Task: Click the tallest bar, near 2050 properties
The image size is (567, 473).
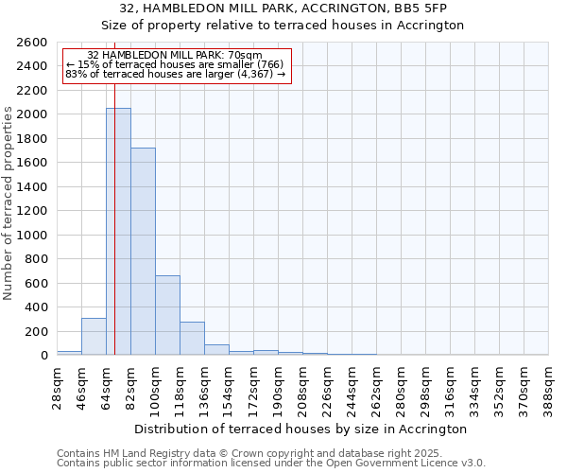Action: tap(118, 232)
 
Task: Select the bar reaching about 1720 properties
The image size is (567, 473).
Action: tap(143, 252)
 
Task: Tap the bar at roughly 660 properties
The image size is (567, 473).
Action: tap(167, 315)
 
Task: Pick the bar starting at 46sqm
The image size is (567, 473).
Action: tap(94, 337)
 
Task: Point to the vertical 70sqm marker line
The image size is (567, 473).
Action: tap(114, 218)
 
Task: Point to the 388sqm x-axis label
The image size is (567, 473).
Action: tap(549, 386)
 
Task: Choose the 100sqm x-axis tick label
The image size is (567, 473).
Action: tap(156, 386)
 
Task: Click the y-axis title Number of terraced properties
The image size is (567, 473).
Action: tap(9, 203)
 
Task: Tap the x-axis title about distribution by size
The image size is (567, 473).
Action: tap(301, 429)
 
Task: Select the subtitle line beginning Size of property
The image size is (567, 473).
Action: tap(283, 26)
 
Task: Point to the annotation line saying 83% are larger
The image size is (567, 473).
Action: tap(175, 74)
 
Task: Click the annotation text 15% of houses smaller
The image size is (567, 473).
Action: tap(175, 64)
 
